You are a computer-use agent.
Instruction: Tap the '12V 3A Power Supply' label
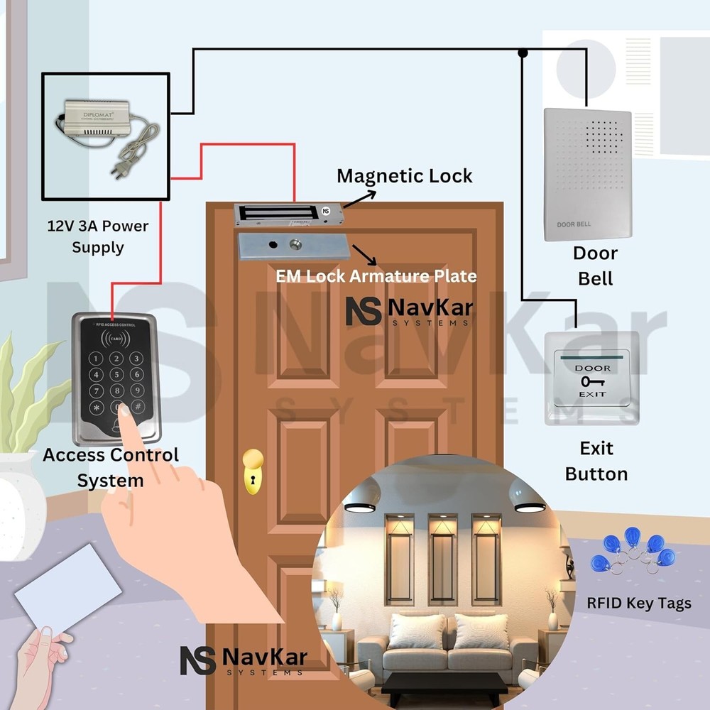click(x=98, y=236)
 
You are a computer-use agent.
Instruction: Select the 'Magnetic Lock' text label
click(x=404, y=176)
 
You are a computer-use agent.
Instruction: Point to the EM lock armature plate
click(x=292, y=246)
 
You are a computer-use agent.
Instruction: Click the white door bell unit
click(x=587, y=174)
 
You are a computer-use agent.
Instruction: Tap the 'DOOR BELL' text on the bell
click(x=574, y=225)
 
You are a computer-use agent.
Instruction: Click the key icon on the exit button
click(x=591, y=381)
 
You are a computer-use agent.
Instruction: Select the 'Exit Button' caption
click(x=596, y=461)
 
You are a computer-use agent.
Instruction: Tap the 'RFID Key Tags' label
click(x=638, y=603)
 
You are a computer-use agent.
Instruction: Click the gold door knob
click(x=252, y=469)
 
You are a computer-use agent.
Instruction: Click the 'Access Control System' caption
click(x=111, y=467)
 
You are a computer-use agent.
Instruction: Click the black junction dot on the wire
click(x=523, y=53)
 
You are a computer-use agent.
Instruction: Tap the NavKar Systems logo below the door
click(x=242, y=660)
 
